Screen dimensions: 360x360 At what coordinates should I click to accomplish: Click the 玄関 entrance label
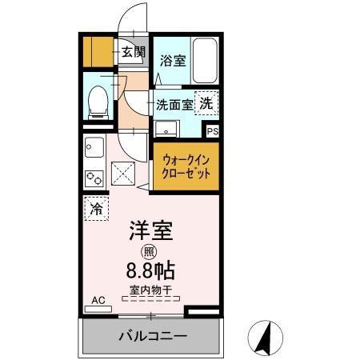(134, 54)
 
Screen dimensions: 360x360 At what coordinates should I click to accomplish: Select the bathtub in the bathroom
(203, 59)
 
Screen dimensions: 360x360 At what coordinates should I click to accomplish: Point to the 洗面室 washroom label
(174, 104)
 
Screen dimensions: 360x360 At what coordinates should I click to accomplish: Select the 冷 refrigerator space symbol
(95, 210)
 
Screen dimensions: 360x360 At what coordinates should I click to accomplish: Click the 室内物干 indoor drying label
(150, 290)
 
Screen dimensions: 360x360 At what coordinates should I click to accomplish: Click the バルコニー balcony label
(153, 336)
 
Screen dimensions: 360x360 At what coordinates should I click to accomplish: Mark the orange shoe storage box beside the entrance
(98, 54)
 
